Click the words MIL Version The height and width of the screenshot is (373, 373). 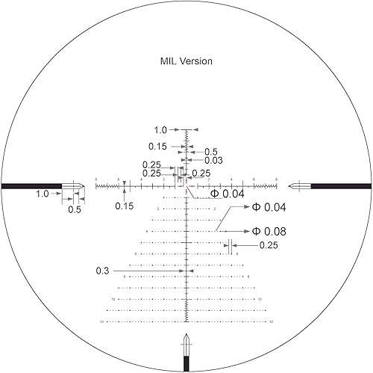tap(186, 61)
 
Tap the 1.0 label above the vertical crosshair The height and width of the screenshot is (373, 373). tap(160, 129)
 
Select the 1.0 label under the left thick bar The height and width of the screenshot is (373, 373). tap(42, 194)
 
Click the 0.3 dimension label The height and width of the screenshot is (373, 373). tap(103, 271)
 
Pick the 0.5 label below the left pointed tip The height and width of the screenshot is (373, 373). tap(75, 210)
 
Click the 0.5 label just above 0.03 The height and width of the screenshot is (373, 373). tap(211, 151)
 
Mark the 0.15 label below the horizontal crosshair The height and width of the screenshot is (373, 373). tap(125, 206)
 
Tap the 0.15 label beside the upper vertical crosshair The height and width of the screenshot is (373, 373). tap(157, 147)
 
